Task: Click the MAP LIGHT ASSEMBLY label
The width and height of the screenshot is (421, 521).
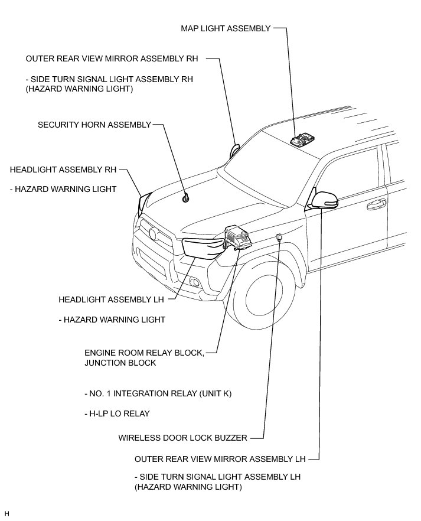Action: (x=226, y=28)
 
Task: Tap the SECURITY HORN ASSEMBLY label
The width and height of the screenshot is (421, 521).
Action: (x=94, y=125)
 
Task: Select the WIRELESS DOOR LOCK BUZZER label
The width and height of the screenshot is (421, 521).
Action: (x=182, y=438)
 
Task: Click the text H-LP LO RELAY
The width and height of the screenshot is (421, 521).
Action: (x=116, y=413)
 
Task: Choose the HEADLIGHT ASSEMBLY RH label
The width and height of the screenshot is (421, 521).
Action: (x=63, y=170)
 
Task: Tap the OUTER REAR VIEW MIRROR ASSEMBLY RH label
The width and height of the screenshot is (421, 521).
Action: (x=112, y=59)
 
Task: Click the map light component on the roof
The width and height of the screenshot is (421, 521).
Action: (x=303, y=139)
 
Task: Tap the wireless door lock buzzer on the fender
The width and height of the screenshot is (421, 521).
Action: (x=279, y=237)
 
